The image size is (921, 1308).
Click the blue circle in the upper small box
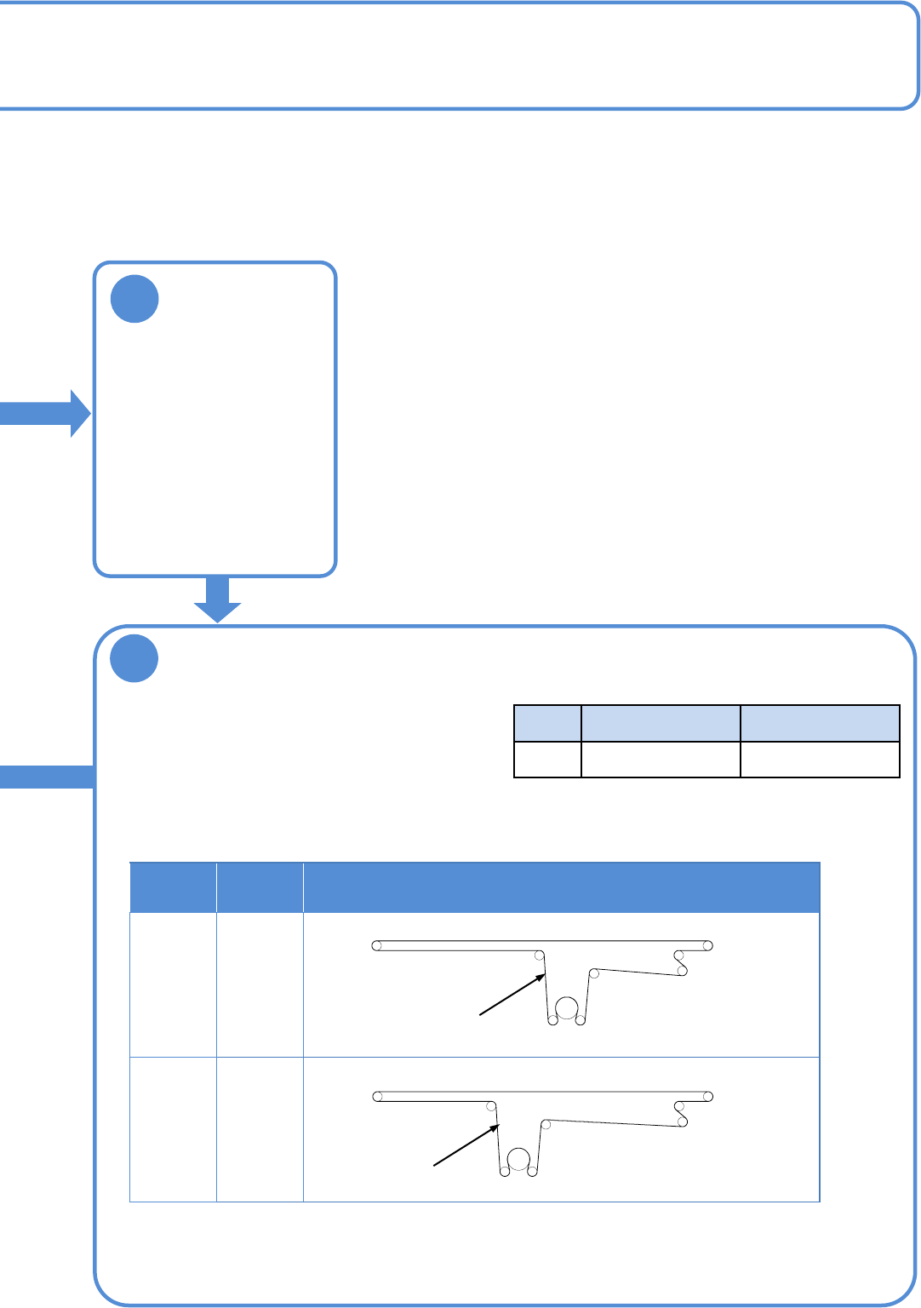pyautogui.click(x=134, y=298)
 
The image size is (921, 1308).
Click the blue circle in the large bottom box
pyautogui.click(x=134, y=658)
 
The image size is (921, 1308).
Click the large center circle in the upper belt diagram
pyautogui.click(x=566, y=1009)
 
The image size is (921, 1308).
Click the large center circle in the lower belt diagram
pyautogui.click(x=518, y=1160)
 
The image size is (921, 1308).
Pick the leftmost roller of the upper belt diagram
pyautogui.click(x=376, y=945)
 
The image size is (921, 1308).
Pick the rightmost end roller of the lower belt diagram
pyautogui.click(x=708, y=1096)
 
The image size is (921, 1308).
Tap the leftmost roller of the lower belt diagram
pyautogui.click(x=376, y=1096)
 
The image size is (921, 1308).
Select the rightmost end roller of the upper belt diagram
pyautogui.click(x=707, y=945)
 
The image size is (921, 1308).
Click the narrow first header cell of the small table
pyautogui.click(x=547, y=724)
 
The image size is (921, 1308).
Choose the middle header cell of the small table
pyautogui.click(x=661, y=724)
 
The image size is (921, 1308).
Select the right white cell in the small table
pyautogui.click(x=820, y=760)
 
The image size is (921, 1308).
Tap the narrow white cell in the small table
pyautogui.click(x=547, y=760)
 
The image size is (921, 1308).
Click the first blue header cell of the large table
pyautogui.click(x=173, y=887)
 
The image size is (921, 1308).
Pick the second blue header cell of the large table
pyautogui.click(x=260, y=887)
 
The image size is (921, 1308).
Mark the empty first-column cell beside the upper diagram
pyautogui.click(x=173, y=984)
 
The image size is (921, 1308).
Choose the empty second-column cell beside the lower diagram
pyautogui.click(x=260, y=1129)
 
